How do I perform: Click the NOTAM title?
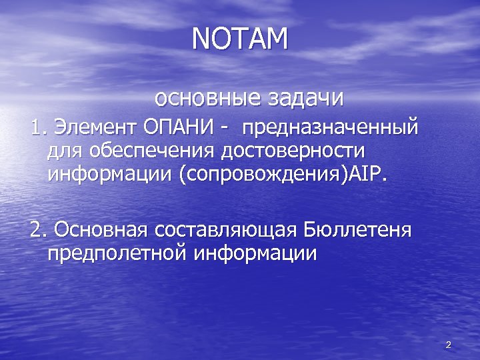click(x=240, y=39)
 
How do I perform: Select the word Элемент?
click(x=94, y=125)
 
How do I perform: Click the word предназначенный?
click(x=331, y=126)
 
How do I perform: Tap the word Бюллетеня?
click(x=357, y=230)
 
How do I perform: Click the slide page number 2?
click(x=448, y=345)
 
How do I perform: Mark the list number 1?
click(x=38, y=125)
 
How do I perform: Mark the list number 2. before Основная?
click(x=39, y=230)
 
